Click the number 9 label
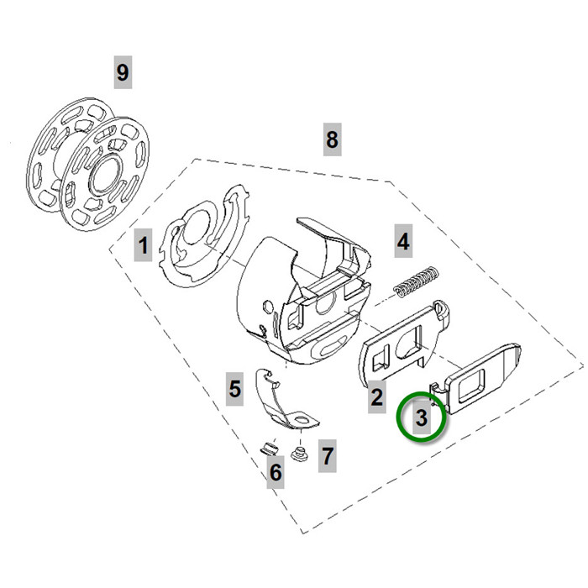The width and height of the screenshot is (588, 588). pyautogui.click(x=123, y=71)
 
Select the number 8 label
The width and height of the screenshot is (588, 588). pyautogui.click(x=332, y=139)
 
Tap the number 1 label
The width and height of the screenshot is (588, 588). pyautogui.click(x=144, y=246)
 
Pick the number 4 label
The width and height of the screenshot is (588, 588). pyautogui.click(x=403, y=243)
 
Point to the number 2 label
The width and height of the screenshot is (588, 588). pyautogui.click(x=377, y=396)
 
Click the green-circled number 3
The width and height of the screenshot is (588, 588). pyautogui.click(x=422, y=416)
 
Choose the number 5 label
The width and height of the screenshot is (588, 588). pyautogui.click(x=235, y=388)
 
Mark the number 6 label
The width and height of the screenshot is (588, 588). pyautogui.click(x=276, y=474)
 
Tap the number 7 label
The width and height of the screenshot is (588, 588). pyautogui.click(x=327, y=457)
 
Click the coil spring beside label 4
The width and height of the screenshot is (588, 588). pyautogui.click(x=417, y=282)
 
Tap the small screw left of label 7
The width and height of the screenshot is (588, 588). pyautogui.click(x=297, y=456)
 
